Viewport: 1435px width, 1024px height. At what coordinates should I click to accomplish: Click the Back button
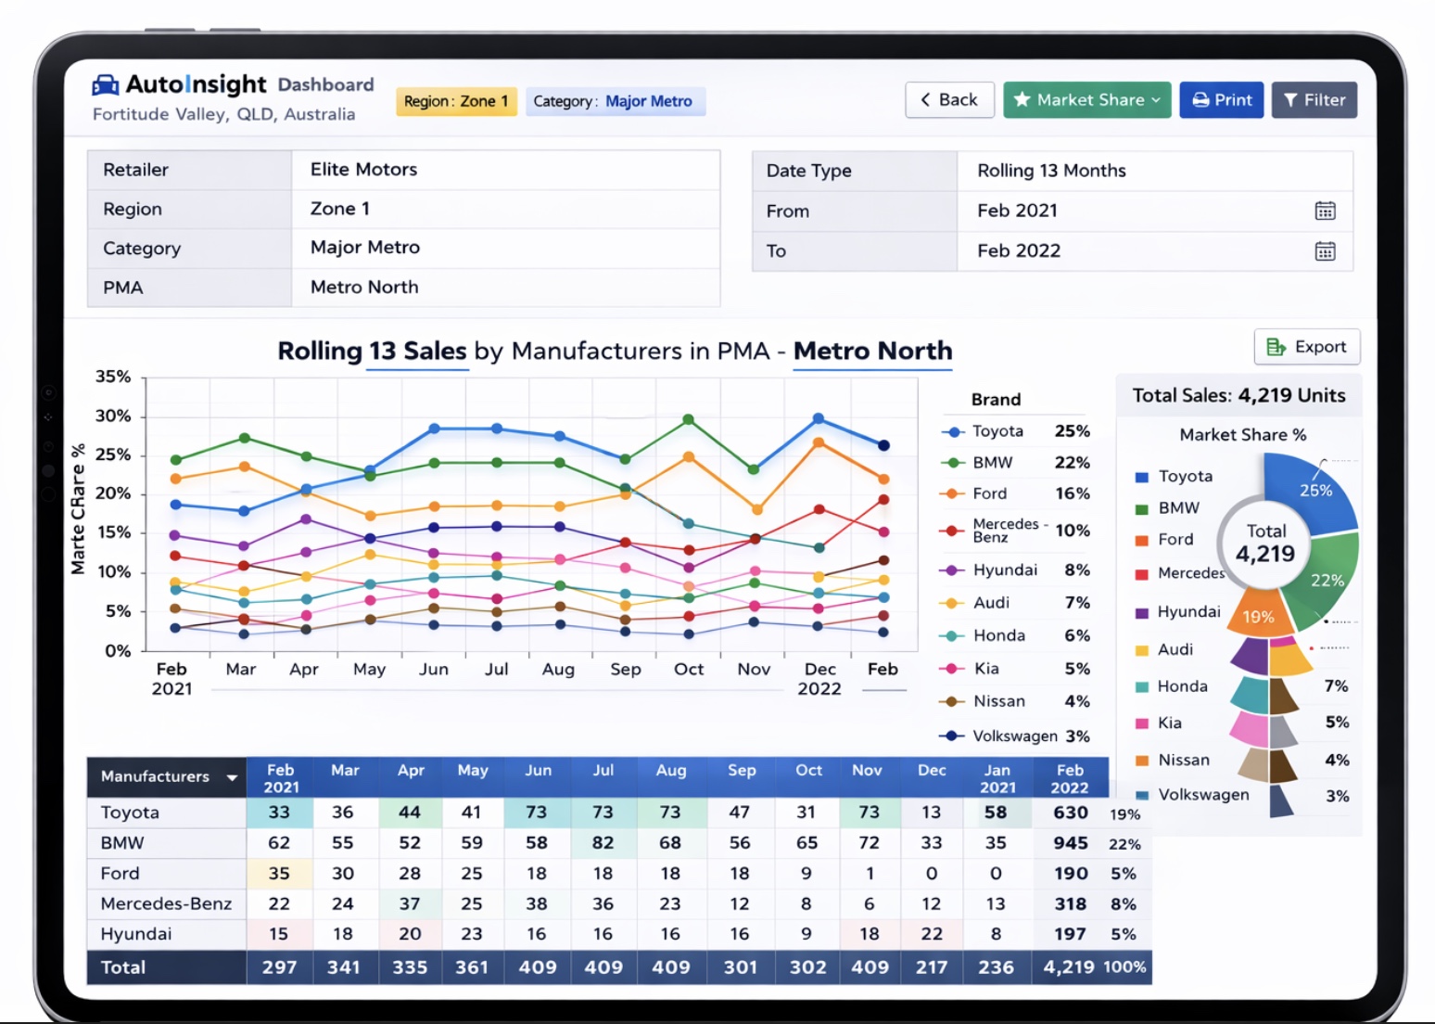click(948, 100)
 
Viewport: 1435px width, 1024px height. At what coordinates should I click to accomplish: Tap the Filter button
click(1314, 100)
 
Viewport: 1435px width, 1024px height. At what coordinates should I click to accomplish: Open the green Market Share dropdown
click(1086, 100)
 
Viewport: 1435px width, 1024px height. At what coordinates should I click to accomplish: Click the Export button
click(1306, 347)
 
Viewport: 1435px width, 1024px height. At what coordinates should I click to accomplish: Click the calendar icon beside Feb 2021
click(1325, 211)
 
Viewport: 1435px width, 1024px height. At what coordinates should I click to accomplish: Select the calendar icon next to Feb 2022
click(1325, 251)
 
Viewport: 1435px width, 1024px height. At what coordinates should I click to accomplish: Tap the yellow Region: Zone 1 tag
click(456, 102)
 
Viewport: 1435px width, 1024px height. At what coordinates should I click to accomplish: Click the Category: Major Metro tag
click(615, 102)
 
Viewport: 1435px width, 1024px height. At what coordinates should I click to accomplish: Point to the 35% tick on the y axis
click(113, 377)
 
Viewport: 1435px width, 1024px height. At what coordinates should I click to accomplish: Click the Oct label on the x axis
click(689, 670)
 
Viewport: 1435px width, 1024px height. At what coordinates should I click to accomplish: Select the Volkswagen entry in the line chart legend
click(1014, 736)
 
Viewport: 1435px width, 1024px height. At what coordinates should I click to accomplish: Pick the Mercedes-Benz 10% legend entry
click(1014, 531)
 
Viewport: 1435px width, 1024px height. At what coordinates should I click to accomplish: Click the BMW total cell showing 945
click(1070, 843)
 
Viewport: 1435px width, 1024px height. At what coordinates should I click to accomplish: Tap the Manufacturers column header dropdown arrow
click(232, 778)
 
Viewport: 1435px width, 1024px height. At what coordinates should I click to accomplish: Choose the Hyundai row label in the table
click(136, 934)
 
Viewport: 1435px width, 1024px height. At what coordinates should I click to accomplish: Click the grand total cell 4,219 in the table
click(1068, 967)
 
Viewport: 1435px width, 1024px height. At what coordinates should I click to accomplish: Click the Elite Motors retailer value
click(363, 170)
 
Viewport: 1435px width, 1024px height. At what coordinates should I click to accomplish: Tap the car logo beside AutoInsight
click(106, 85)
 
